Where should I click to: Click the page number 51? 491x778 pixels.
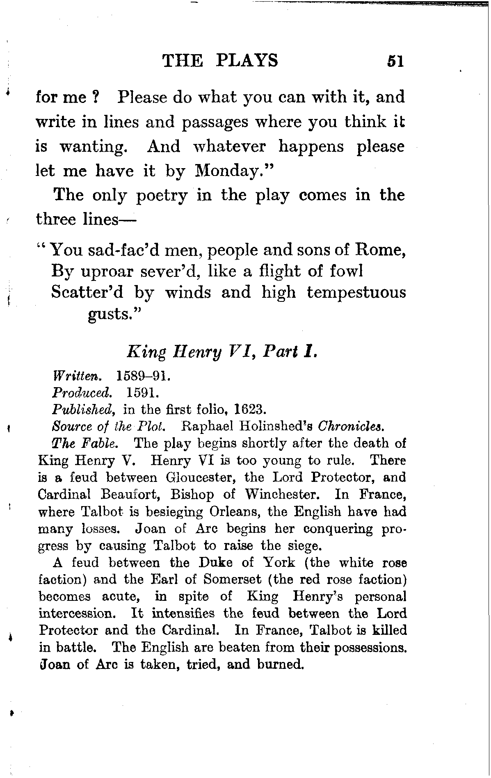coord(395,62)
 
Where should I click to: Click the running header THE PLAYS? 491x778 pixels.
coord(220,61)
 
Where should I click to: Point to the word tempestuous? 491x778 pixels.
coord(356,292)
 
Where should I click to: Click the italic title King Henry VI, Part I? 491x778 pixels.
coord(222,352)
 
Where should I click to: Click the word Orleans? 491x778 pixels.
coord(232,512)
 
